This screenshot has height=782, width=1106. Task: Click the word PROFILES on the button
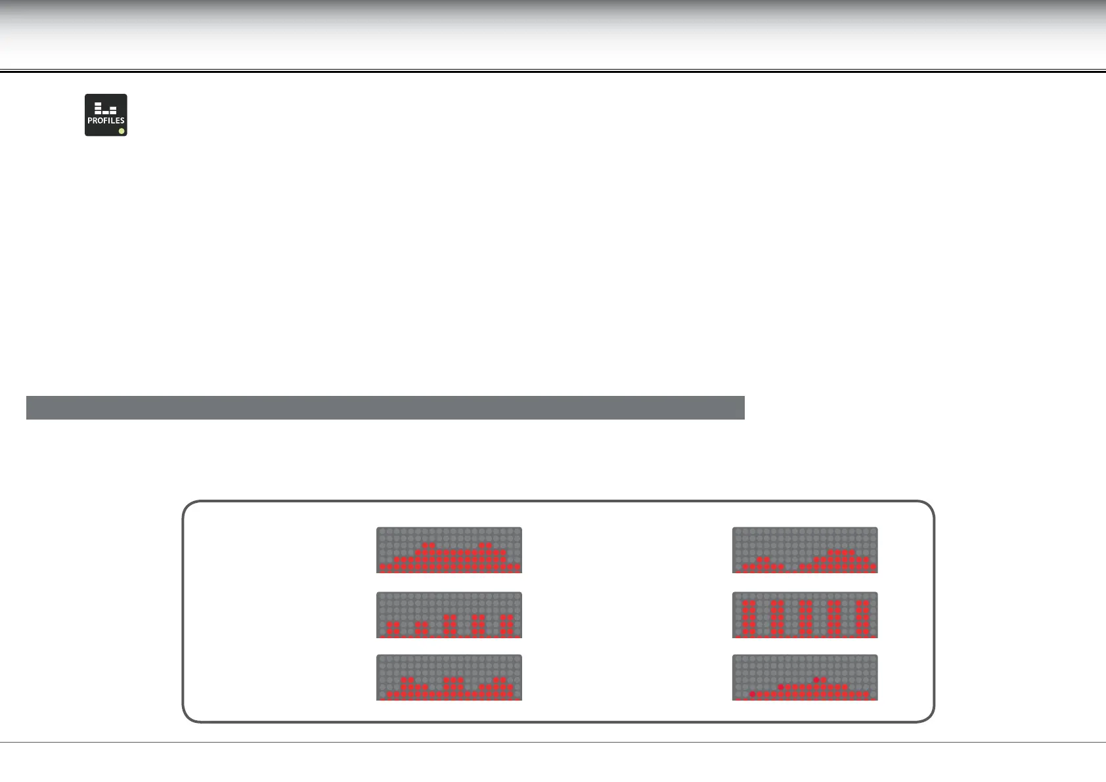pyautogui.click(x=106, y=121)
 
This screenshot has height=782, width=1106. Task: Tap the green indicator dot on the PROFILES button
pyautogui.click(x=122, y=131)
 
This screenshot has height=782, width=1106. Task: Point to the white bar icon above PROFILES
pyautogui.click(x=105, y=108)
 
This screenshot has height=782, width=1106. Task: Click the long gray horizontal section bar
pyautogui.click(x=385, y=407)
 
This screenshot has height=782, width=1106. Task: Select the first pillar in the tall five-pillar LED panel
pyautogui.click(x=747, y=618)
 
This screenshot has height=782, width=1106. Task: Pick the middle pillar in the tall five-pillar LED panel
pyautogui.click(x=805, y=618)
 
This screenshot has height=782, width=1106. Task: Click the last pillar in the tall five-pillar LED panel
pyautogui.click(x=863, y=618)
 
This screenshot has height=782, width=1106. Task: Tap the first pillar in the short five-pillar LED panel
pyautogui.click(x=393, y=628)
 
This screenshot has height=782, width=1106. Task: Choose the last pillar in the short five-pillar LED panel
pyautogui.click(x=506, y=625)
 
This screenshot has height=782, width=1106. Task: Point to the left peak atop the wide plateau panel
pyautogui.click(x=429, y=546)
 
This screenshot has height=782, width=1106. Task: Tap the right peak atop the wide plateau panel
pyautogui.click(x=486, y=546)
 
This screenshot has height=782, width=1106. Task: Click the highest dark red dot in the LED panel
pyautogui.click(x=816, y=680)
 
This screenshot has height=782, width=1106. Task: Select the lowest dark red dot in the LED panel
pyautogui.click(x=752, y=694)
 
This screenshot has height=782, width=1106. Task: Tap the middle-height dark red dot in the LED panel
pyautogui.click(x=781, y=687)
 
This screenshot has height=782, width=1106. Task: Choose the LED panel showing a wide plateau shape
pyautogui.click(x=449, y=550)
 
